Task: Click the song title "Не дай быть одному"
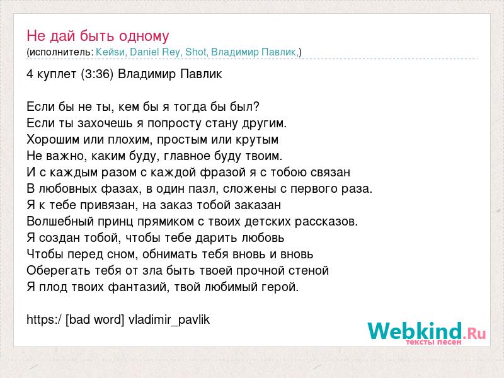[98, 36]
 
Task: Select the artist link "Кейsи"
[110, 52]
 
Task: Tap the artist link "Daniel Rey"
[155, 52]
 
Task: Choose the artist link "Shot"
[195, 52]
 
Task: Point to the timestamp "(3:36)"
[98, 74]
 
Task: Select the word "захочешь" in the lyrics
[105, 123]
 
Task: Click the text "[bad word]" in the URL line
[94, 319]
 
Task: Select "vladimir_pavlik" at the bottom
[169, 320]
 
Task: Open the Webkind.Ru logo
[427, 333]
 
